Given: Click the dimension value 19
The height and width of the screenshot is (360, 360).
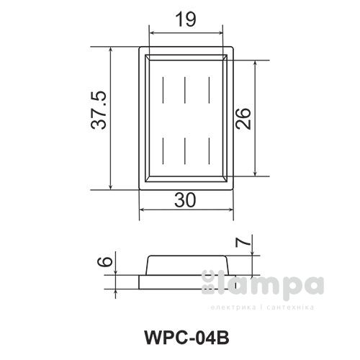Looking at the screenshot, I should tap(186, 20).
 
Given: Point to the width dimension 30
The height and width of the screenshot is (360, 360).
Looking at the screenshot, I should tap(185, 202).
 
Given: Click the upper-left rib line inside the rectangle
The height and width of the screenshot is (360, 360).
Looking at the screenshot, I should tap(165, 89).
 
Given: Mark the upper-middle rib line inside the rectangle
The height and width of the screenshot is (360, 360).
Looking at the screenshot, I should tap(186, 89).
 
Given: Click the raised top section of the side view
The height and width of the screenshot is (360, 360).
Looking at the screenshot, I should tap(187, 264).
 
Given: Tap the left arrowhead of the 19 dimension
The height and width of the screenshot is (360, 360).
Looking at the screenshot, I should tap(153, 32).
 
